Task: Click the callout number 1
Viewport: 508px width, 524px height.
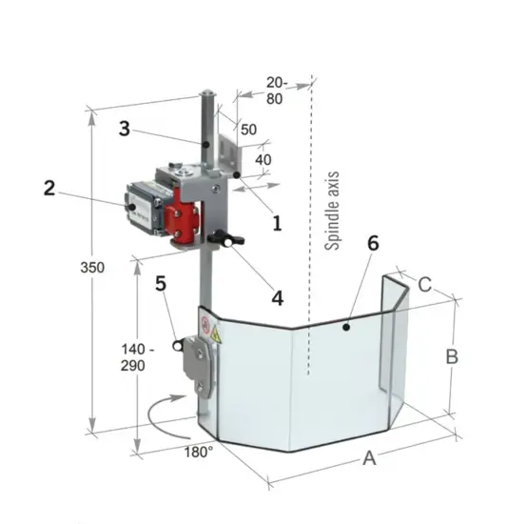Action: pyautogui.click(x=277, y=223)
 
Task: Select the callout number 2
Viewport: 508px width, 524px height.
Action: pyautogui.click(x=49, y=188)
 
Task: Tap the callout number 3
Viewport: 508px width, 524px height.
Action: pyautogui.click(x=125, y=129)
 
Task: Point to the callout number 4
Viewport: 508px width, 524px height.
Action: pyautogui.click(x=278, y=298)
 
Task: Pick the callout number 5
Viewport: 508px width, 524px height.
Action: pyautogui.click(x=161, y=284)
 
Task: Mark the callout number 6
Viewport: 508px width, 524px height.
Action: pyautogui.click(x=373, y=243)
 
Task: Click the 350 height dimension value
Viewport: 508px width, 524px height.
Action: pyautogui.click(x=92, y=268)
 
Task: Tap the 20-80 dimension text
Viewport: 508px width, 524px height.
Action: pyautogui.click(x=277, y=91)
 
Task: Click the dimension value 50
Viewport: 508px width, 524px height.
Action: pyautogui.click(x=248, y=130)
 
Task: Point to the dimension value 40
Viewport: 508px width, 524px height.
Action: pyautogui.click(x=263, y=160)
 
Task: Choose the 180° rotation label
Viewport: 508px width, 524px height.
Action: pyautogui.click(x=199, y=453)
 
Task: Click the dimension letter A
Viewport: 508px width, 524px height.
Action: pyautogui.click(x=369, y=458)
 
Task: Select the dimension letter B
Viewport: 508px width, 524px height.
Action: pyautogui.click(x=452, y=356)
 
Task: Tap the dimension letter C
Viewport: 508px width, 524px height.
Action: pyautogui.click(x=424, y=285)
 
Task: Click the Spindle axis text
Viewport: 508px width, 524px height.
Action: pyautogui.click(x=332, y=211)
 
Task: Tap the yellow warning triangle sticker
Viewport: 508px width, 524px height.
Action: pyautogui.click(x=216, y=333)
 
